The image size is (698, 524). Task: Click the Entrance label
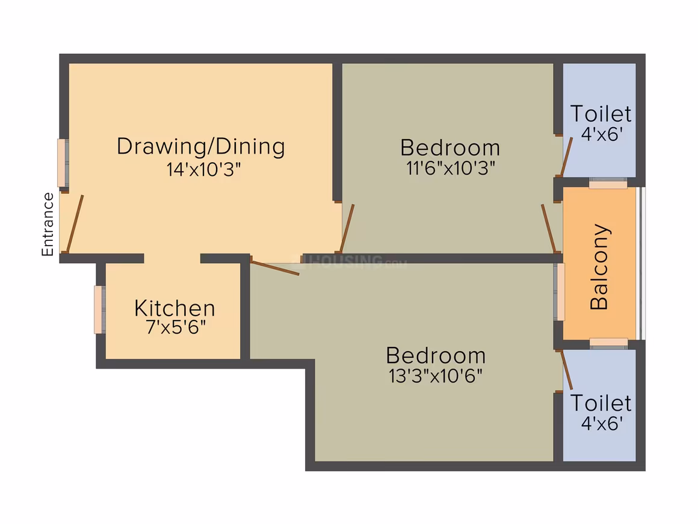click(x=48, y=224)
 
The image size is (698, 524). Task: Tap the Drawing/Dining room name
click(x=201, y=146)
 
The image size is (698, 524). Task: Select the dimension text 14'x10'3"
click(x=203, y=169)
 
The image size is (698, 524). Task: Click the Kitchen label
click(x=174, y=308)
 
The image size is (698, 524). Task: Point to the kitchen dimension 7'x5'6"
click(x=176, y=328)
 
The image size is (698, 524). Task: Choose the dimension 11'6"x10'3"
click(x=451, y=168)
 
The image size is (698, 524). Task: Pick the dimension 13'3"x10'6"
click(x=436, y=376)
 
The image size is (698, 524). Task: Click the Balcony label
click(x=599, y=266)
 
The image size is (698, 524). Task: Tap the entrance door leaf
click(x=75, y=223)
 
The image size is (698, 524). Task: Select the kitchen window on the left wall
click(x=99, y=310)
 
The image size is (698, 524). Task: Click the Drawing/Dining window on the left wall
click(x=63, y=163)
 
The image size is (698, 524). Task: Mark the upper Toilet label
click(x=601, y=114)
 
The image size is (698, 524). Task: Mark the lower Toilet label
click(x=601, y=403)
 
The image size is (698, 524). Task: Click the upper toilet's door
click(x=566, y=157)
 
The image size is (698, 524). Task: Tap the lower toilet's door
click(x=566, y=370)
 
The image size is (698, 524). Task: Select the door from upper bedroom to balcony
click(x=549, y=229)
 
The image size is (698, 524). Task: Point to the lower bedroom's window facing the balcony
click(x=559, y=292)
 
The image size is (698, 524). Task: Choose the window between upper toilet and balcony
click(x=608, y=182)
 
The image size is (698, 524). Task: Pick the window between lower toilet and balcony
click(x=608, y=343)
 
